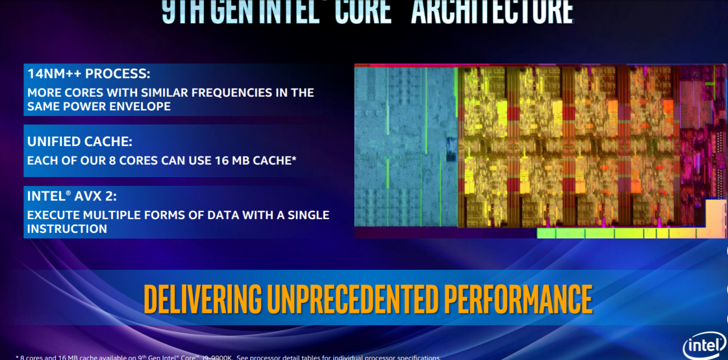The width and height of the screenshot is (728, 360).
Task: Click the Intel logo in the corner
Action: [703, 347]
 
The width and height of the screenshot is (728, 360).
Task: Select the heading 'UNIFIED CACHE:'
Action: [80, 142]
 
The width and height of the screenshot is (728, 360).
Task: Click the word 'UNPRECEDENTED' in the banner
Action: [351, 299]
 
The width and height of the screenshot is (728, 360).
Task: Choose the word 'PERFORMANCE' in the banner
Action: [518, 299]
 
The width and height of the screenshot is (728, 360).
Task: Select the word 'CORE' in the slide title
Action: [363, 11]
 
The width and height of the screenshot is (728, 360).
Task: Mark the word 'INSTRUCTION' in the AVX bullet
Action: [67, 228]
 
